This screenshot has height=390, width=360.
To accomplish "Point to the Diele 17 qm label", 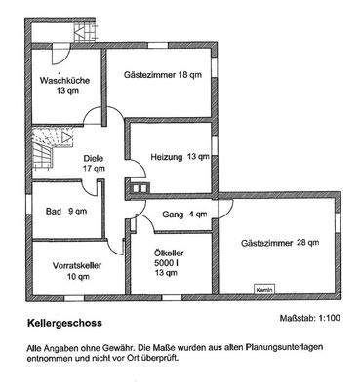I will coord(94,161).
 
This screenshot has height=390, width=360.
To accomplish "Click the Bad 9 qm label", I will coord(65,209).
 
